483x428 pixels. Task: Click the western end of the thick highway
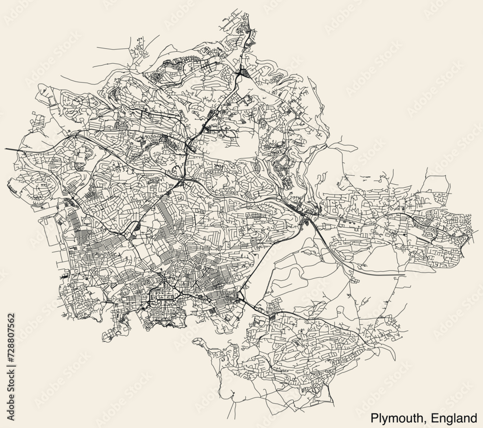coord(6,149)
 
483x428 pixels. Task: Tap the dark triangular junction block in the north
coord(242,73)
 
